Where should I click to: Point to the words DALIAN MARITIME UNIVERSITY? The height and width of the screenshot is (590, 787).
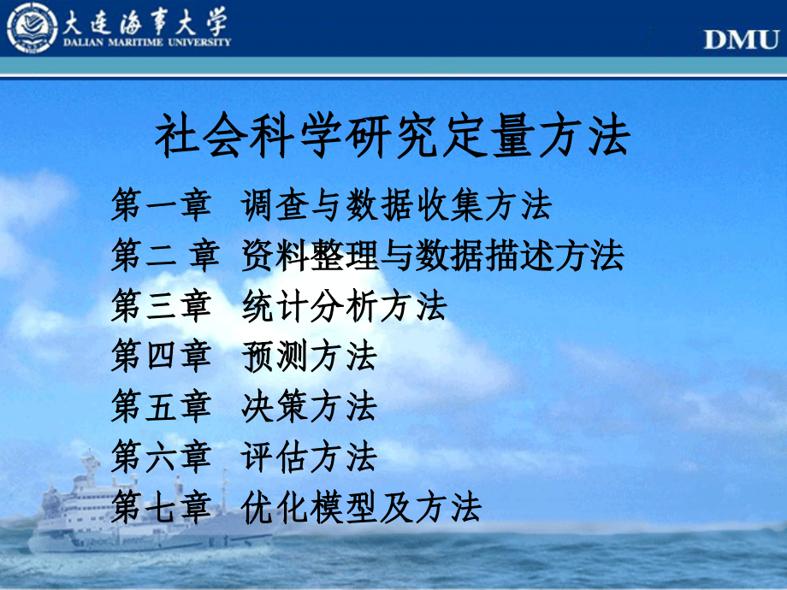(145, 42)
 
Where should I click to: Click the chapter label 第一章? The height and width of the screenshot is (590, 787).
(160, 205)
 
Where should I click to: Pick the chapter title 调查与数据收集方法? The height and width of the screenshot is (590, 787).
(397, 205)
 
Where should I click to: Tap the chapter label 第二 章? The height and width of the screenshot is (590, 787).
(165, 255)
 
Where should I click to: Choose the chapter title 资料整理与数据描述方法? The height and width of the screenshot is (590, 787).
(433, 255)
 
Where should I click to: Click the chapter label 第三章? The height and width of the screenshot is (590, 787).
(160, 305)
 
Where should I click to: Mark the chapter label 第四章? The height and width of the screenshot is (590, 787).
(160, 356)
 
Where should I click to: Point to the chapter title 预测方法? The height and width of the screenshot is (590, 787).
(309, 356)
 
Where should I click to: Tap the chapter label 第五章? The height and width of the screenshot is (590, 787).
(160, 406)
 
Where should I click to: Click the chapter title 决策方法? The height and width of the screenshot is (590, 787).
(309, 406)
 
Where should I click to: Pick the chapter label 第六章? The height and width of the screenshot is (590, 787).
(160, 457)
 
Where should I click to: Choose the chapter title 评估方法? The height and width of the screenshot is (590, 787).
(309, 457)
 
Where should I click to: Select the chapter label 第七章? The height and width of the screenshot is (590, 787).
(160, 507)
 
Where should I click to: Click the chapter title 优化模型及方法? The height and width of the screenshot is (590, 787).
(362, 507)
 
